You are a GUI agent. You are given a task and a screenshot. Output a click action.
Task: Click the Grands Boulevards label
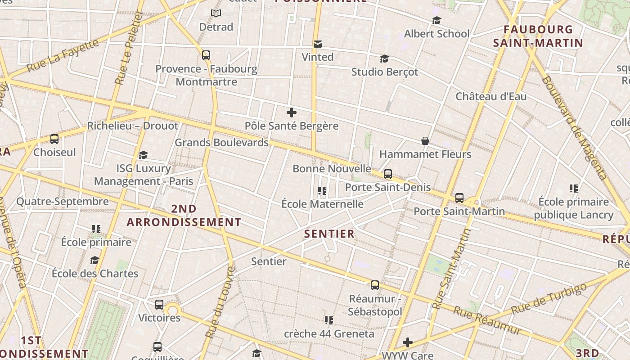pyautogui.click(x=221, y=143)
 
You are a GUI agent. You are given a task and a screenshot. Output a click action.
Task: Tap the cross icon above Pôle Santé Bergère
pyautogui.click(x=292, y=112)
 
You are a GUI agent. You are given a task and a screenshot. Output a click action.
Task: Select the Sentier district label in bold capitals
pyautogui.click(x=329, y=234)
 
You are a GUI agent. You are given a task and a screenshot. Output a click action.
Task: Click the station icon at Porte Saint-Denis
pyautogui.click(x=388, y=174)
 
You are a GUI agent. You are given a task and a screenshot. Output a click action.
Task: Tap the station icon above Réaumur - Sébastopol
pyautogui.click(x=375, y=285)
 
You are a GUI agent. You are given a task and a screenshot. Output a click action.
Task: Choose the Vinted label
pyautogui.click(x=318, y=57)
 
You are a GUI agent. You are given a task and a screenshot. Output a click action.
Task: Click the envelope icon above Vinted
pyautogui.click(x=318, y=44)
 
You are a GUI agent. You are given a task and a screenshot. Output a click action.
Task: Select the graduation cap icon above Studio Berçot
pyautogui.click(x=384, y=58)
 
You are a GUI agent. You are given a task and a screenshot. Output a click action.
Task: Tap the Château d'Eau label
pyautogui.click(x=491, y=96)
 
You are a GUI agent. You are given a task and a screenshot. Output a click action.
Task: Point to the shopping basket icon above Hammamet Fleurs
pyautogui.click(x=425, y=141)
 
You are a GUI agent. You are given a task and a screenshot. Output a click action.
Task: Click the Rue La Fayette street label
pyautogui.click(x=63, y=56)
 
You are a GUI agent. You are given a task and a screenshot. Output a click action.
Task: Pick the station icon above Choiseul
pyautogui.click(x=54, y=139)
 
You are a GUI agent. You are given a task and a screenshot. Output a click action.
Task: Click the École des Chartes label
pyautogui.click(x=95, y=274)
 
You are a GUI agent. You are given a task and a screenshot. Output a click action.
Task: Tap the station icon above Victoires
pyautogui.click(x=159, y=305)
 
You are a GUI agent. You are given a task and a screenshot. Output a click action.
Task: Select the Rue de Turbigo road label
pyautogui.click(x=549, y=298)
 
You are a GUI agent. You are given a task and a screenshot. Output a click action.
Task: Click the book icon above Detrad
pyautogui.click(x=216, y=13)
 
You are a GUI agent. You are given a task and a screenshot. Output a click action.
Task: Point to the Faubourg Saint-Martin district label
pyautogui.click(x=538, y=36)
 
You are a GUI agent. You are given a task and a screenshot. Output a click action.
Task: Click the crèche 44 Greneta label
pyautogui.click(x=329, y=334)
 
